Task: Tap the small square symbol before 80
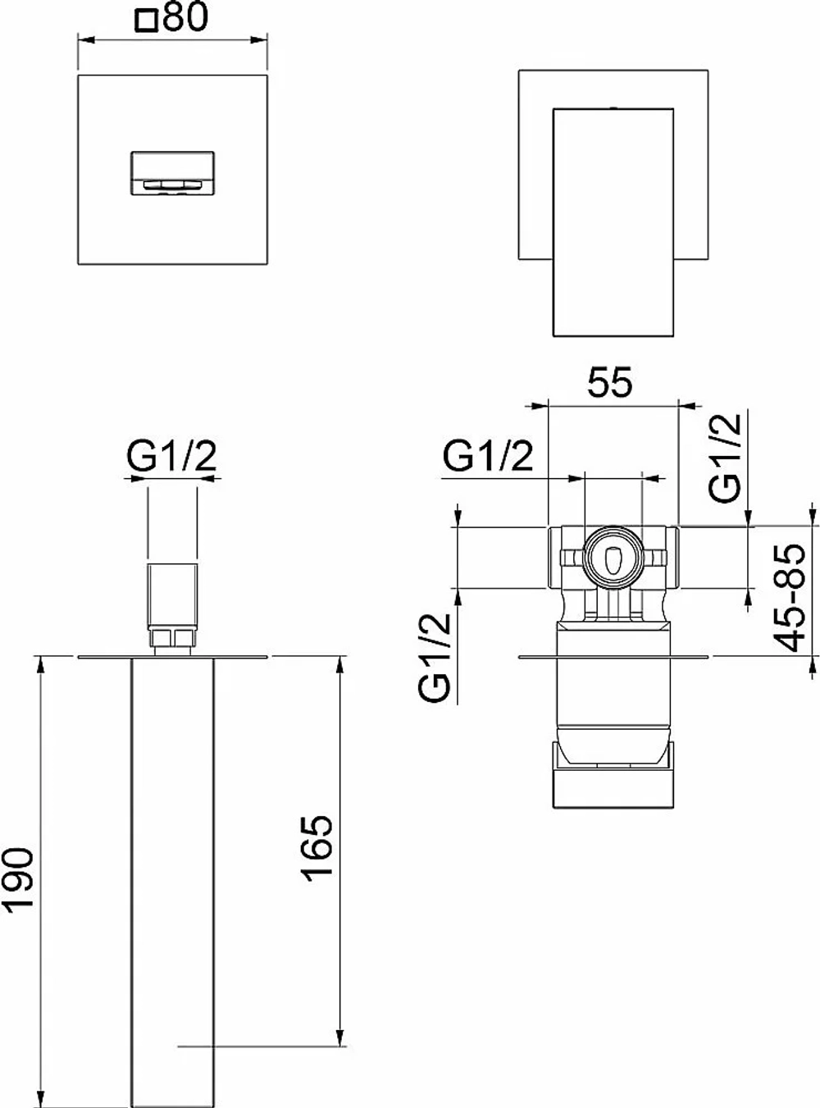tap(147, 22)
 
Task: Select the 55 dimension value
tap(609, 383)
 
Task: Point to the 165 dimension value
tap(317, 848)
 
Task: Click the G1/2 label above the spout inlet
tap(171, 456)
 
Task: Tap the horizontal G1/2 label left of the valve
tap(488, 456)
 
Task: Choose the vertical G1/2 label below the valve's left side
tap(434, 659)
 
